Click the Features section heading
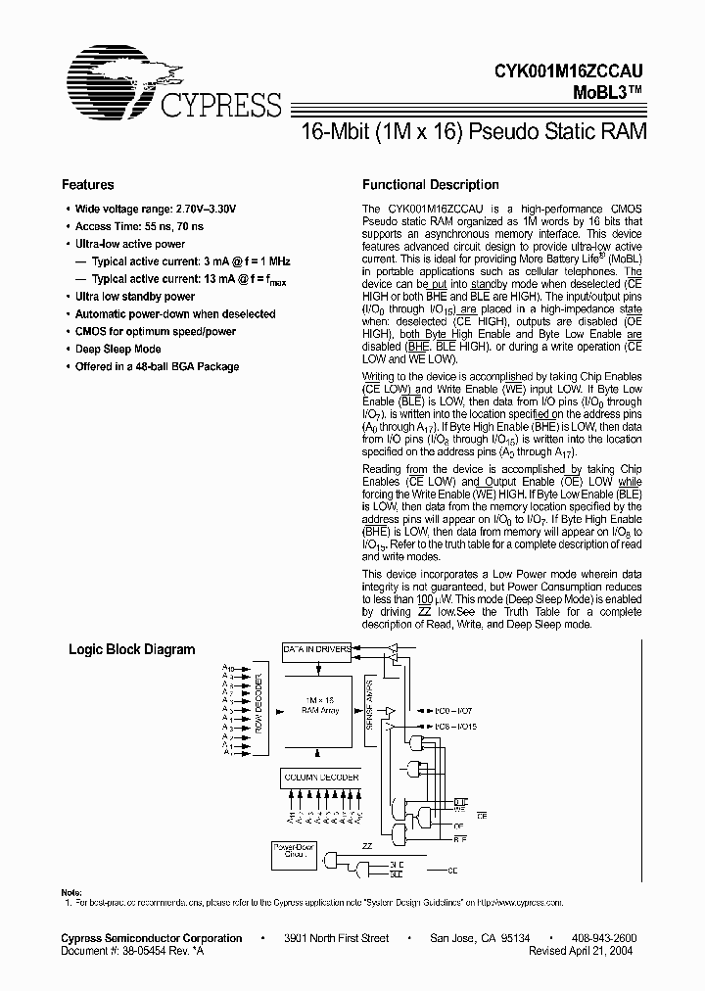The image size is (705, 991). [x=88, y=184]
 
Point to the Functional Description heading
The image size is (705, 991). [x=431, y=184]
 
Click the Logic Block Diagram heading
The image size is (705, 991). [x=131, y=649]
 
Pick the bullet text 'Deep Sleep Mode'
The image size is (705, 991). [x=118, y=349]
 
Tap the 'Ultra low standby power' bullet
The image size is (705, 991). [x=135, y=296]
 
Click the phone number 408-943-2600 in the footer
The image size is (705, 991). [x=603, y=938]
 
